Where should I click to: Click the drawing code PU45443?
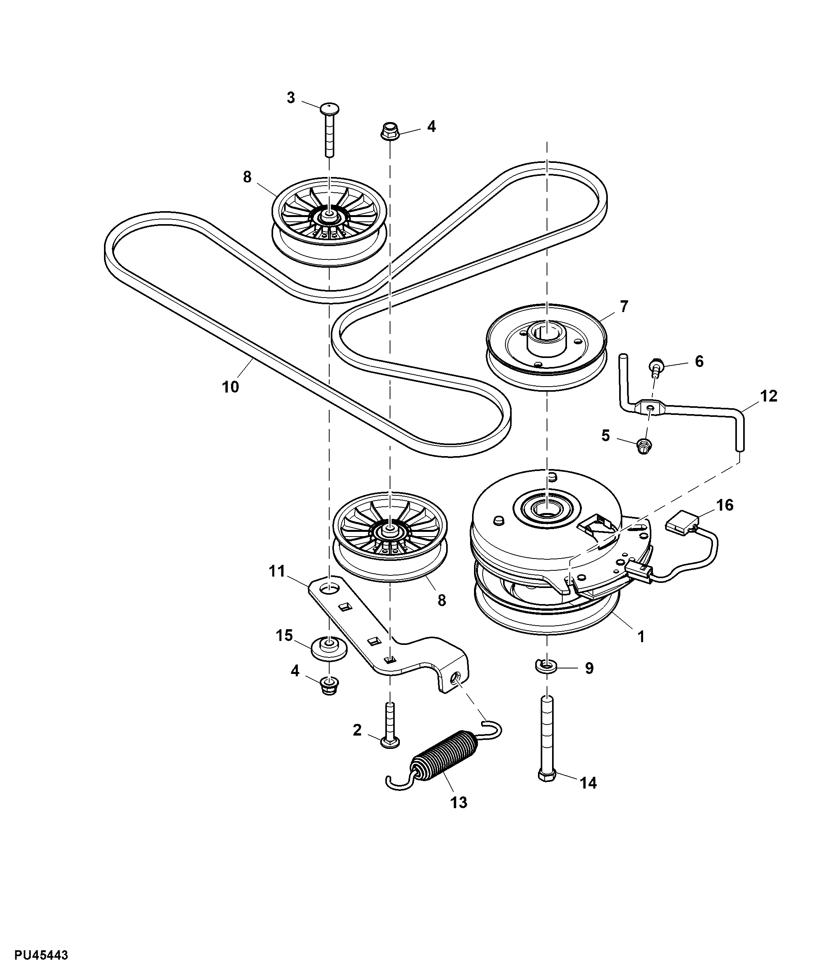tap(42, 955)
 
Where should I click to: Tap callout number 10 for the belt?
tap(230, 387)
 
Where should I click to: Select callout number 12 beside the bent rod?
tap(769, 396)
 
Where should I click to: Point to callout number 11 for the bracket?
tap(277, 571)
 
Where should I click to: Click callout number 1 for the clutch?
tap(641, 637)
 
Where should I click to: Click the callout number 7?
tap(624, 306)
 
